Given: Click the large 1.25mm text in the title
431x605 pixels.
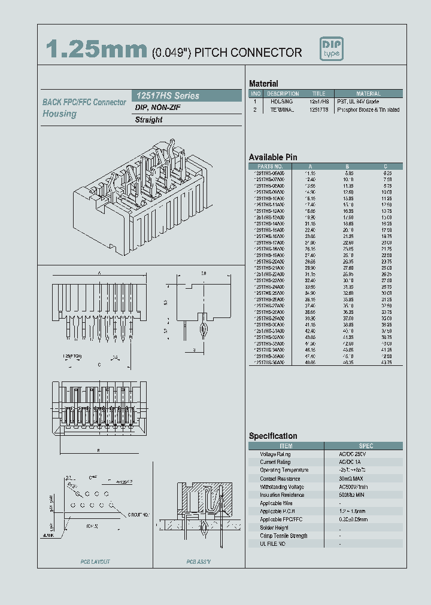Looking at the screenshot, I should (96, 51).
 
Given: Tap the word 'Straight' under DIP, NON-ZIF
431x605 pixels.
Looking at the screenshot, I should (148, 120).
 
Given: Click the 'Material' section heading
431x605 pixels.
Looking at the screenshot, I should (263, 84).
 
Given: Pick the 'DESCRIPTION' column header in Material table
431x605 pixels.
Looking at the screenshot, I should (283, 94).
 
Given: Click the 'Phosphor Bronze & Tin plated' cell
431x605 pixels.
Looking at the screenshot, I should (368, 110).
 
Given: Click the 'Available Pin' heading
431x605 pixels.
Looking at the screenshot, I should (273, 157).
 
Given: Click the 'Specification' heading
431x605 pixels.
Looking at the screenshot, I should (273, 436).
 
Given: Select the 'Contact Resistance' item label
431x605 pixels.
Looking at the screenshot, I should (280, 479).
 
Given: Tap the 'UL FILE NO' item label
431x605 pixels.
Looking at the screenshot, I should (273, 544).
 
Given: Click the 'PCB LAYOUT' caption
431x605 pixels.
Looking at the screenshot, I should (95, 562).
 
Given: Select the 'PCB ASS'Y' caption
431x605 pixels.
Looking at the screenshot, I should (199, 562).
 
